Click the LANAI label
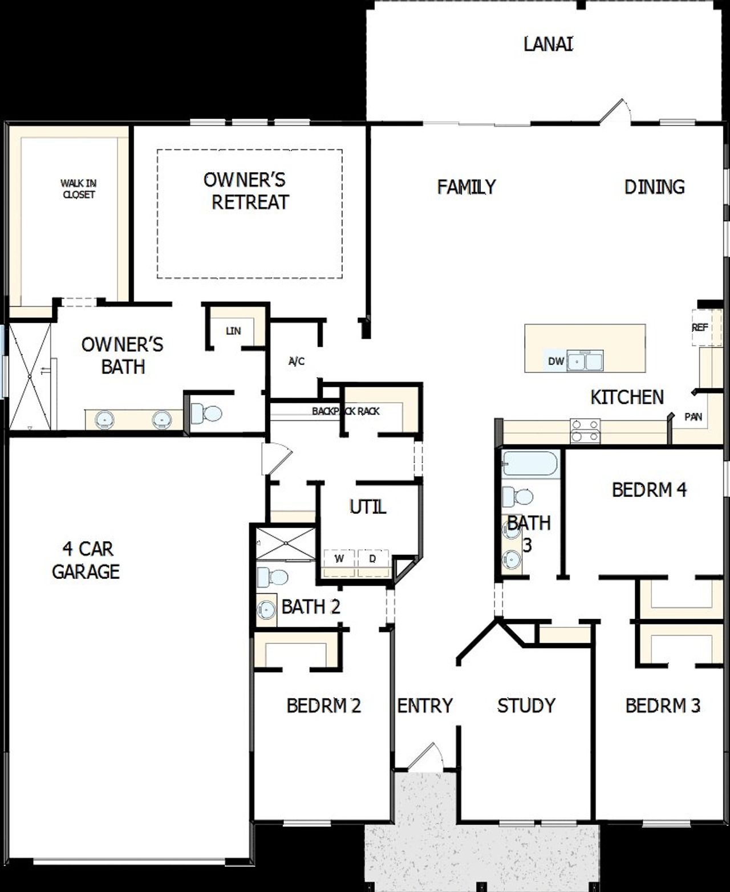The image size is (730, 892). click(x=548, y=44)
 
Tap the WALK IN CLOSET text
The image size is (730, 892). click(x=79, y=189)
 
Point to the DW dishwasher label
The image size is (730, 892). click(x=555, y=361)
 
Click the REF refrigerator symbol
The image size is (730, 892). click(x=700, y=327)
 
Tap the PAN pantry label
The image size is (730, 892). click(x=693, y=417)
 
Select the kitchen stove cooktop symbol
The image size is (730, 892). click(x=586, y=431)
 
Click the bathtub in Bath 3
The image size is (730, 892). click(x=530, y=464)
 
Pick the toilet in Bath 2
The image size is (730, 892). click(x=271, y=577)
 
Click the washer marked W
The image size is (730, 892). click(x=339, y=559)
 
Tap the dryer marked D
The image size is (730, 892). click(x=373, y=559)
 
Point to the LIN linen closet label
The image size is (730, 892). click(x=233, y=331)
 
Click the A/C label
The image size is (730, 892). click(x=297, y=361)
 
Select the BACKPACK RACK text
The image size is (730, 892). click(x=346, y=411)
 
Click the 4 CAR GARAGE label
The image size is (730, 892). click(x=86, y=560)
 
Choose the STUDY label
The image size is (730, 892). click(x=526, y=706)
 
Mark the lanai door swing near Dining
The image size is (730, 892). click(x=615, y=111)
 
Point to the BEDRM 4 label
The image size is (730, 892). click(x=649, y=489)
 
